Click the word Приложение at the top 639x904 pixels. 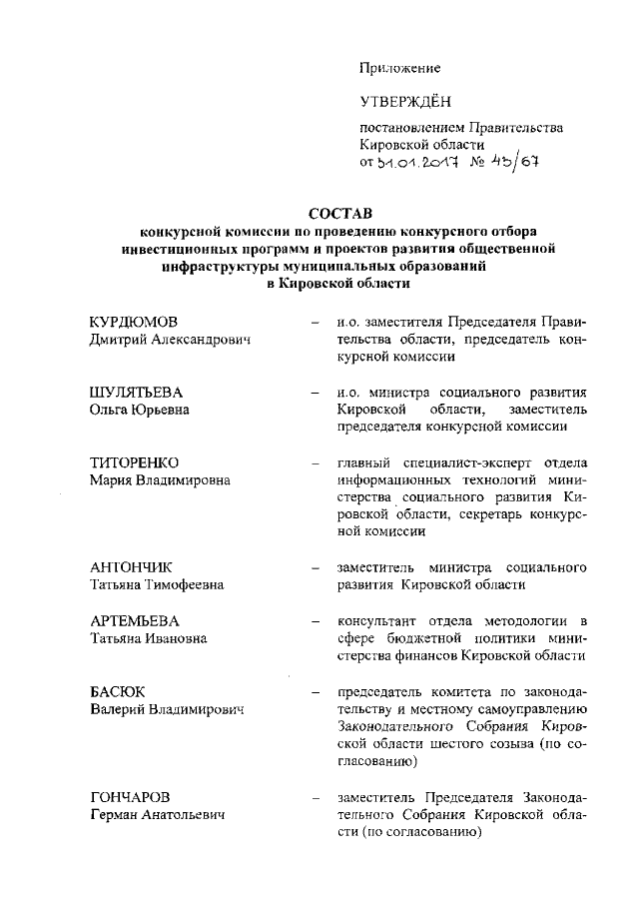point(400,68)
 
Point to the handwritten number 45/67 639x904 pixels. point(514,161)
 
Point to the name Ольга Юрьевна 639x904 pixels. point(140,410)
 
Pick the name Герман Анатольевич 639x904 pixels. point(156,815)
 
